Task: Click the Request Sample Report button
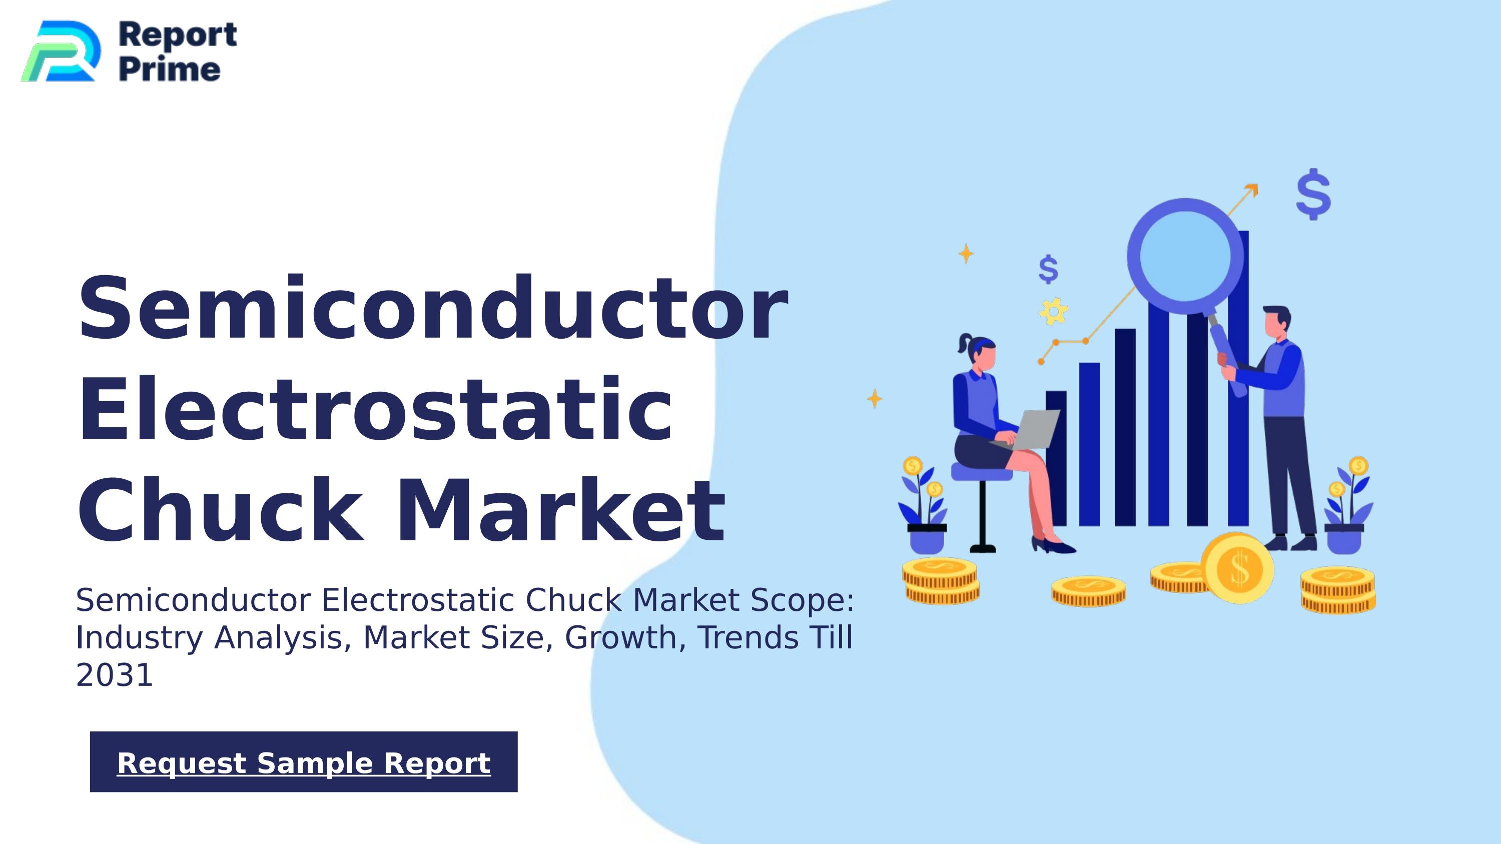pos(304,762)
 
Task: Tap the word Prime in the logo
pos(170,70)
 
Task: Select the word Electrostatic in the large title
pos(375,409)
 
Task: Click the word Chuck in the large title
pos(219,510)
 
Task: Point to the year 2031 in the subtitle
pos(114,675)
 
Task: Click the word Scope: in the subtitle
pos(802,600)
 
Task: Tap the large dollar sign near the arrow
pos(1313,194)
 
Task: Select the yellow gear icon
pos(1054,311)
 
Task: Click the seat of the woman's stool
pos(980,472)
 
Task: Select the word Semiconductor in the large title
pos(432,309)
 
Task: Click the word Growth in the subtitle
pos(619,637)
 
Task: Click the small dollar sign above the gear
pos(1048,269)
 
